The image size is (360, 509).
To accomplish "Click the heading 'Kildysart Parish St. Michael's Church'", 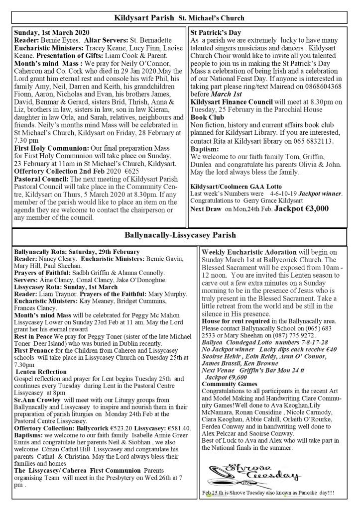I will point(179,18).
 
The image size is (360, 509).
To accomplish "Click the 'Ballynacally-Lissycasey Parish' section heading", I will point(179,234).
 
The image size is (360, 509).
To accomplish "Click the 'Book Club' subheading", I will point(208,118).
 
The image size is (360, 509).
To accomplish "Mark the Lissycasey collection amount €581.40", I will point(178,414).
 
